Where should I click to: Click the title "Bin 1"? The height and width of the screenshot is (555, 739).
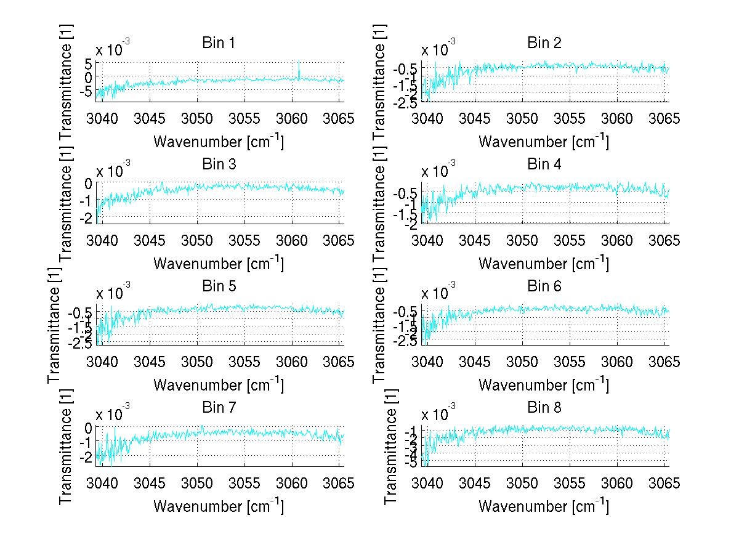[x=218, y=43]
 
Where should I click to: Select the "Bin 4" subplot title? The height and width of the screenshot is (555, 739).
[x=544, y=164]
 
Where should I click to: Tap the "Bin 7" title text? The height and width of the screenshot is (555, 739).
[x=218, y=408]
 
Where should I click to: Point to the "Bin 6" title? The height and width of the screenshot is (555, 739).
[x=544, y=286]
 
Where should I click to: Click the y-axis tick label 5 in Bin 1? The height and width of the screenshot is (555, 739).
[x=89, y=63]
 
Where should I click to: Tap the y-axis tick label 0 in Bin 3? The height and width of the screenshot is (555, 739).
[x=89, y=184]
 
